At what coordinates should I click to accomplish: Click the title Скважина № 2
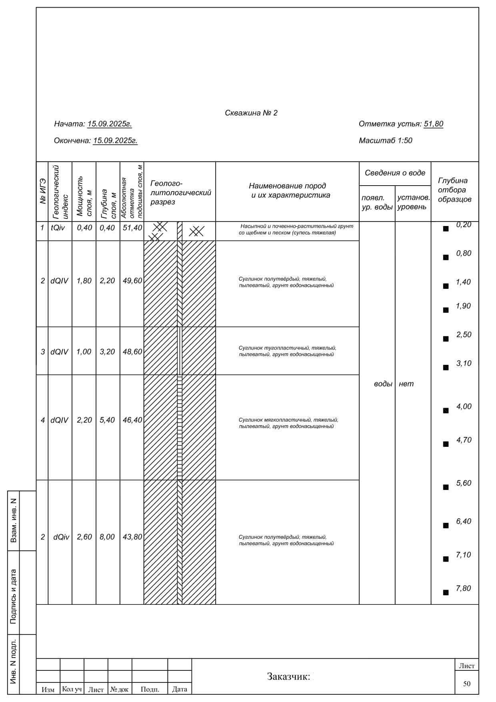[x=251, y=113]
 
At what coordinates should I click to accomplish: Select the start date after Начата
[x=109, y=124]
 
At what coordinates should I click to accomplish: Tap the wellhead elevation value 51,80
[x=433, y=124]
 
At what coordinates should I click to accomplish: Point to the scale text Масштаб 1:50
[x=385, y=140]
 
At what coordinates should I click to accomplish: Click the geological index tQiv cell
[x=58, y=228]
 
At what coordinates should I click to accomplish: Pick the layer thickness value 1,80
[x=84, y=281]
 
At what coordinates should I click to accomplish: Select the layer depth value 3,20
[x=107, y=352]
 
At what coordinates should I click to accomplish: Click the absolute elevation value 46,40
[x=132, y=420]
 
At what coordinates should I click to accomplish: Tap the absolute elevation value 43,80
[x=132, y=537]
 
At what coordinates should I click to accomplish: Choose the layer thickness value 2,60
[x=84, y=537]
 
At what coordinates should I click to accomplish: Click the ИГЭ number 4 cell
[x=42, y=420]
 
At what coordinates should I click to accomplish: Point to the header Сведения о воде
[x=395, y=173]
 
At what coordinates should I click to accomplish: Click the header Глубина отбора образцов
[x=454, y=190]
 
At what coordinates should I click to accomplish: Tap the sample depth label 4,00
[x=464, y=406]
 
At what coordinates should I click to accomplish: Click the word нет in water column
[x=406, y=384]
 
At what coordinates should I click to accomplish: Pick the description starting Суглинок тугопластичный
[x=287, y=351]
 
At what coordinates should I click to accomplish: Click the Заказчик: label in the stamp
[x=288, y=676]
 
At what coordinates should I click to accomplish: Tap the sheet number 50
[x=466, y=684]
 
